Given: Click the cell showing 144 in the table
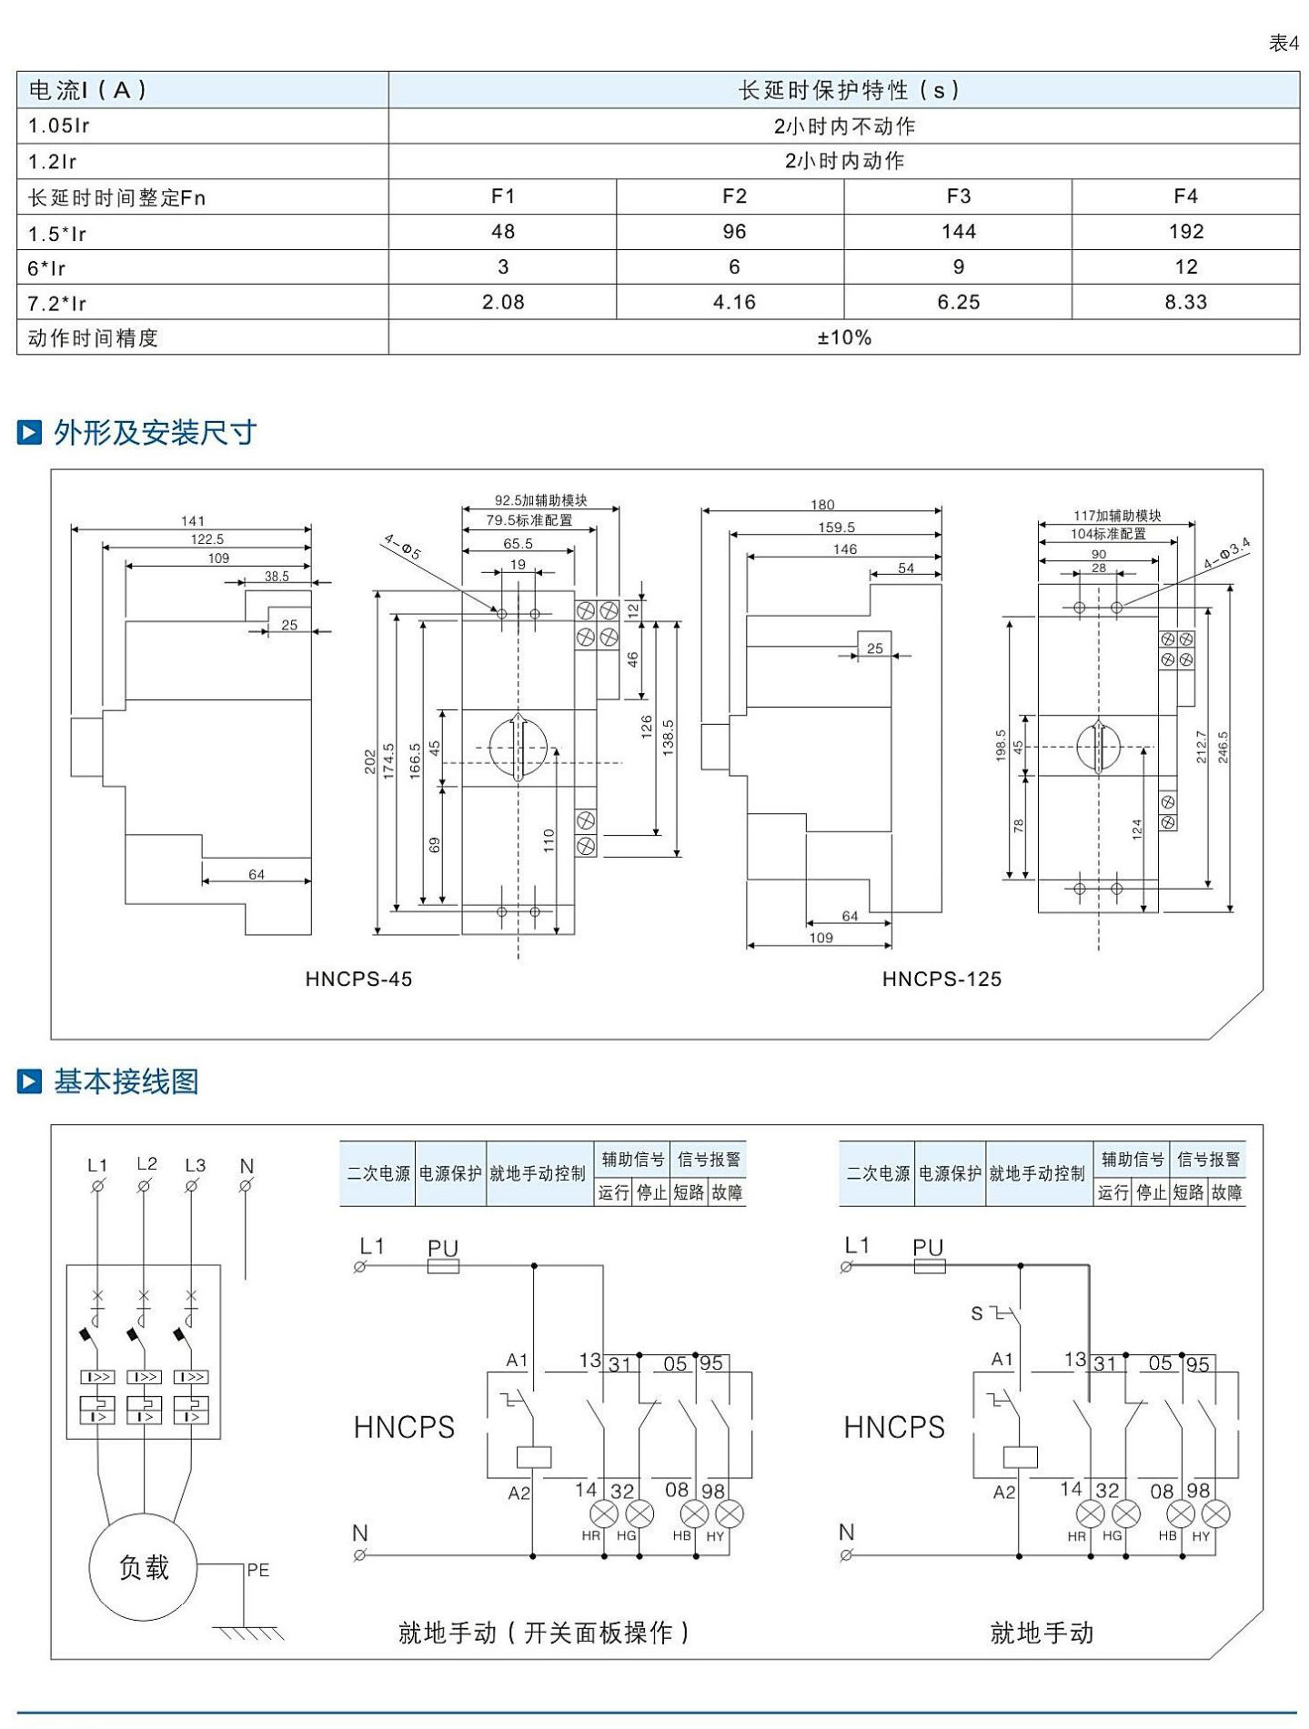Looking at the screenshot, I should pyautogui.click(x=958, y=232).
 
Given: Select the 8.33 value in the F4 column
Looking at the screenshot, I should pyautogui.click(x=1185, y=302).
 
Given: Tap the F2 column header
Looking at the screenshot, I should pyautogui.click(x=733, y=196).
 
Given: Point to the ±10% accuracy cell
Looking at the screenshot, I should pyautogui.click(x=843, y=337).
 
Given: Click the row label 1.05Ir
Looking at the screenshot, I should pyautogui.click(x=59, y=126).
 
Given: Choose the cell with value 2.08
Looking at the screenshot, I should pyautogui.click(x=502, y=302).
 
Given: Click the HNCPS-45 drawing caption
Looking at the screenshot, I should pyautogui.click(x=358, y=980).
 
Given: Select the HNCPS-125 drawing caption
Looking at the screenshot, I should pyautogui.click(x=941, y=980).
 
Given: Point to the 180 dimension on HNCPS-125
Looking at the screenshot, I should pyautogui.click(x=821, y=505).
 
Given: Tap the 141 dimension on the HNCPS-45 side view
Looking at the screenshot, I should pyautogui.click(x=192, y=521).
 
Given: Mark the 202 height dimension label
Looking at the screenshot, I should pyautogui.click(x=369, y=762).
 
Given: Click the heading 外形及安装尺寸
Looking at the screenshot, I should pyautogui.click(x=154, y=433).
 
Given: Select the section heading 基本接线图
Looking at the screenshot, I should pyautogui.click(x=126, y=1081).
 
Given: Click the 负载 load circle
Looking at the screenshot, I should pyautogui.click(x=144, y=1567).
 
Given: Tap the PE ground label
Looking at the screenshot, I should pyautogui.click(x=257, y=1570).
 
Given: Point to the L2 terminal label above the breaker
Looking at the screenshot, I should pyautogui.click(x=146, y=1163).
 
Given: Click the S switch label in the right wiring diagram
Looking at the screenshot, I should pyautogui.click(x=977, y=1313).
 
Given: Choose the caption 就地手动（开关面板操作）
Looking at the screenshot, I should pyautogui.click(x=544, y=1633).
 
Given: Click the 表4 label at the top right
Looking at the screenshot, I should pyautogui.click(x=1284, y=44).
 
